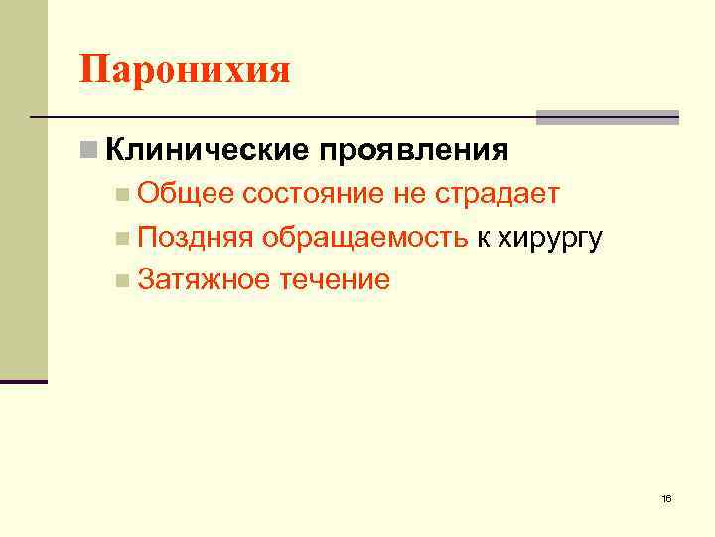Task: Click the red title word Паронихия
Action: [185, 71]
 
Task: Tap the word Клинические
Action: [207, 151]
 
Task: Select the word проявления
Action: [414, 152]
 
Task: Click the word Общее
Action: [186, 194]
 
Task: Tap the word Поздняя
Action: [196, 238]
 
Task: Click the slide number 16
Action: [666, 497]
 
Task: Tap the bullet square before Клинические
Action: [89, 151]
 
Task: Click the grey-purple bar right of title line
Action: [608, 117]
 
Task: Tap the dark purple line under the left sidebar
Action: [24, 381]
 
